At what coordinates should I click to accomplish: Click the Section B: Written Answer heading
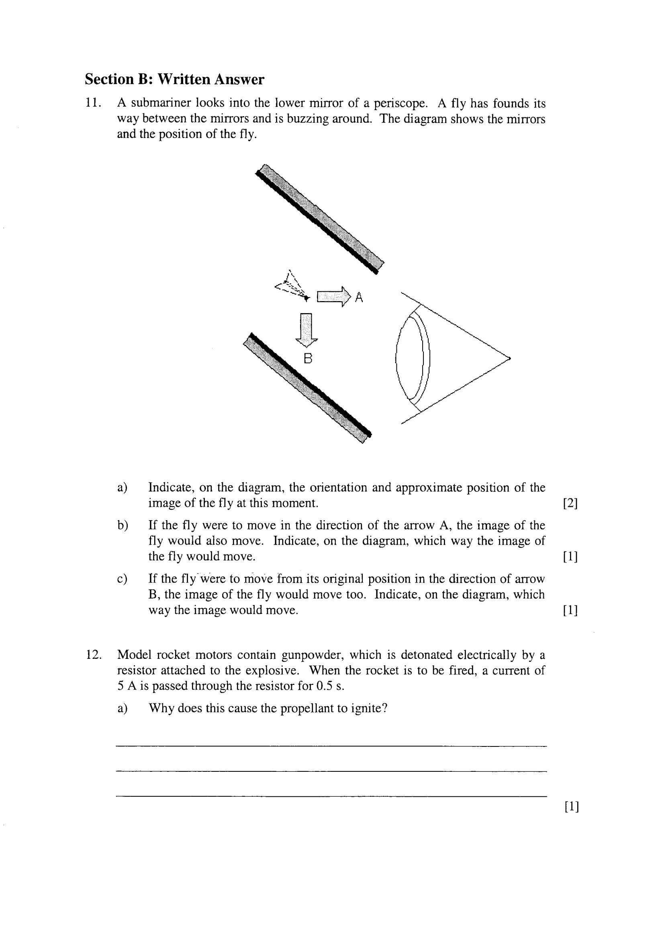click(175, 79)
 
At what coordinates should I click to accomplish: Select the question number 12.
click(93, 655)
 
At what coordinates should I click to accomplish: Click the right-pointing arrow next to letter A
click(334, 296)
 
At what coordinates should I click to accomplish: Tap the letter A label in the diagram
click(359, 297)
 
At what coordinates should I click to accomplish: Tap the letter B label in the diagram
click(308, 359)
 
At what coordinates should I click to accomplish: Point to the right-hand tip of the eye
click(509, 359)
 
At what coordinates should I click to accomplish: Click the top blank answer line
click(331, 746)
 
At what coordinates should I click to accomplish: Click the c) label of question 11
click(122, 579)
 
